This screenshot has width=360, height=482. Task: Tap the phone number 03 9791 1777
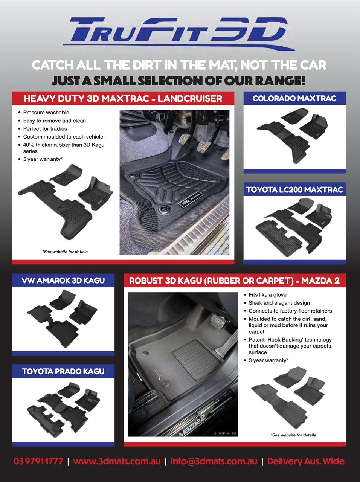pyautogui.click(x=38, y=461)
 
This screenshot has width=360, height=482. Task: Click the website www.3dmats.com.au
pyautogui.click(x=117, y=461)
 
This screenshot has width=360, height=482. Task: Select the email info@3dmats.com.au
pyautogui.click(x=214, y=461)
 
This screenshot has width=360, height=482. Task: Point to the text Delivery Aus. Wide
pyautogui.click(x=305, y=461)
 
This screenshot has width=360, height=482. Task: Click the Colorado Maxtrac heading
pyautogui.click(x=294, y=98)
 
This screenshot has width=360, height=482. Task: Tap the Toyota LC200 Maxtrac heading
pyautogui.click(x=294, y=189)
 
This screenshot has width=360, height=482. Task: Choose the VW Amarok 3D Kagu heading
pyautogui.click(x=63, y=281)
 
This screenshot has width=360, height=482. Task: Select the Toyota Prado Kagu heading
pyautogui.click(x=63, y=371)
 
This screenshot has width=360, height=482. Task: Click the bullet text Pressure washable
pyautogui.click(x=46, y=113)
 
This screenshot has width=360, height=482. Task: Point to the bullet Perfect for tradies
pyautogui.click(x=45, y=129)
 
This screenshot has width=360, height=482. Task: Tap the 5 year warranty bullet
pyautogui.click(x=43, y=159)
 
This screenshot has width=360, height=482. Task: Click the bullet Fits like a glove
pyautogui.click(x=267, y=295)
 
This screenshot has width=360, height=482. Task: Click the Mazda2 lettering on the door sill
pyautogui.click(x=192, y=425)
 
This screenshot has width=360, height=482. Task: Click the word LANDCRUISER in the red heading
pyautogui.click(x=190, y=98)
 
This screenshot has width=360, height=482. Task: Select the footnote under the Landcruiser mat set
pyautogui.click(x=65, y=252)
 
